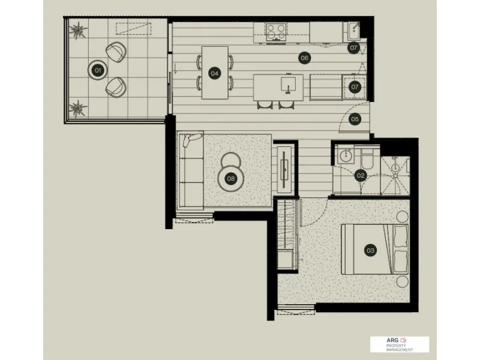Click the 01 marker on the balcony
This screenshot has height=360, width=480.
point(98,71)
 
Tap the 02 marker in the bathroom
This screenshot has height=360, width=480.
point(361,176)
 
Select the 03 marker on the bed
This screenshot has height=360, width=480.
point(370,250)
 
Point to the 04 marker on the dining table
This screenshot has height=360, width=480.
point(214,73)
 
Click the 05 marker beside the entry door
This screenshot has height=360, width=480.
point(355,119)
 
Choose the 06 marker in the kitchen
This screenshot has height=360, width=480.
point(304,58)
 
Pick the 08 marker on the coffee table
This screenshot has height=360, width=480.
point(230,178)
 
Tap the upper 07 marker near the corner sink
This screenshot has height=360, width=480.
point(354,47)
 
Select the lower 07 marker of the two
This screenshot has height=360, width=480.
point(355,87)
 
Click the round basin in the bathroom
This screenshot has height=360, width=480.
point(344,156)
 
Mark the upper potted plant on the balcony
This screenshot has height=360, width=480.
point(78,29)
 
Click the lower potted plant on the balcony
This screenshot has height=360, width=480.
point(77,108)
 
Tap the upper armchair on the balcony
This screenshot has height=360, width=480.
point(116,52)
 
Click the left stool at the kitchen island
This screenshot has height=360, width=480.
point(264,105)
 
